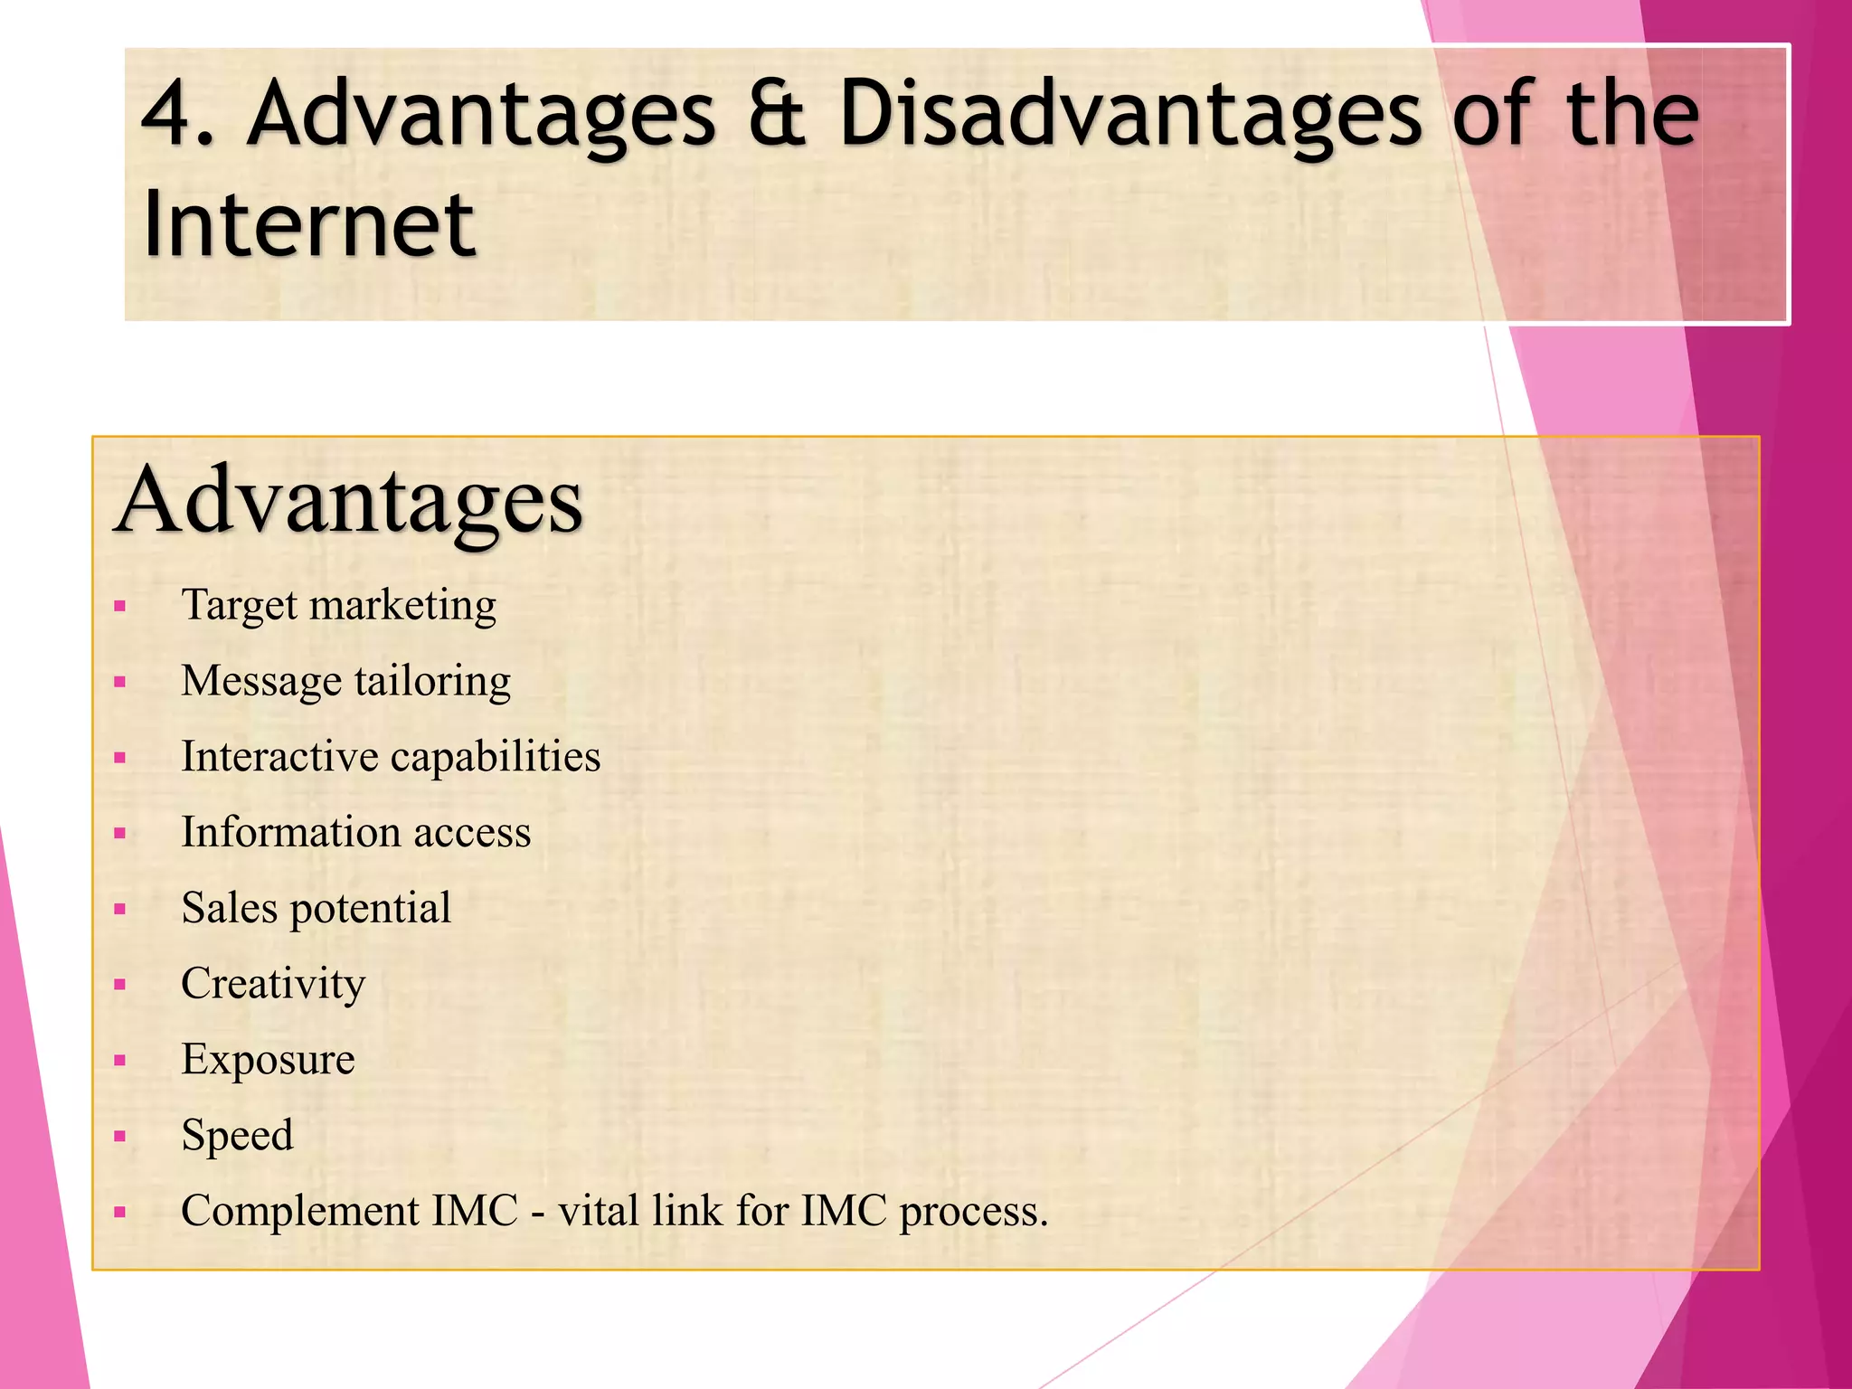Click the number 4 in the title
pos(171,114)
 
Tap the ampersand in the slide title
pos(777,114)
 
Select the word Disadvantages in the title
pos(1131,116)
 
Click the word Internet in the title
pos(308,224)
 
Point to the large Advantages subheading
pos(349,501)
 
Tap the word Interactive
pos(279,756)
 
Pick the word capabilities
pos(495,758)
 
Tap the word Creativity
pos(273,984)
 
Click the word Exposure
pos(268,1060)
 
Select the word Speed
pos(237,1136)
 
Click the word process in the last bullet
pos(971,1212)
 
